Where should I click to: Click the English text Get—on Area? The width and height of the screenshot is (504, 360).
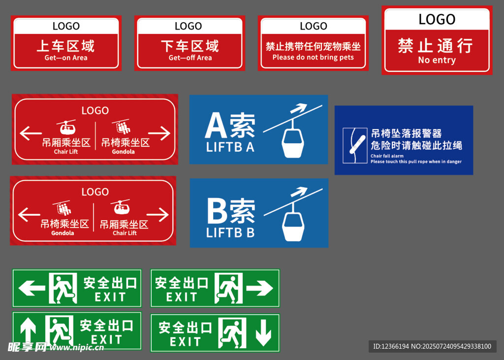(66, 58)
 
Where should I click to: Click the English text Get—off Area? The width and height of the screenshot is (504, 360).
(190, 58)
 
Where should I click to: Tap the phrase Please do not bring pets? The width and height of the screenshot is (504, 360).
(313, 58)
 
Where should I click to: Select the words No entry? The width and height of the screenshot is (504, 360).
(437, 60)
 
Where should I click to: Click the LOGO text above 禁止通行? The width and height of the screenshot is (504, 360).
(437, 19)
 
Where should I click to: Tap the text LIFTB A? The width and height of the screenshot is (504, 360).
(230, 147)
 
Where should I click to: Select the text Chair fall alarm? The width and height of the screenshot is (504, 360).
(387, 156)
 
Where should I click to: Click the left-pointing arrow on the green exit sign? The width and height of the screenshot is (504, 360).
(31, 288)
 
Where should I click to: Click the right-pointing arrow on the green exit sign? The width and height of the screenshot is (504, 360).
(259, 288)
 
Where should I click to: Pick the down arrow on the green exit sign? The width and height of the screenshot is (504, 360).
(263, 333)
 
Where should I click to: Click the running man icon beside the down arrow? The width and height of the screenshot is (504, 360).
(232, 333)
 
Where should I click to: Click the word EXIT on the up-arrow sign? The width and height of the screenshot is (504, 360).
(106, 340)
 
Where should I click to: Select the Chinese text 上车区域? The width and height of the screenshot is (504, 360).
(65, 46)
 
